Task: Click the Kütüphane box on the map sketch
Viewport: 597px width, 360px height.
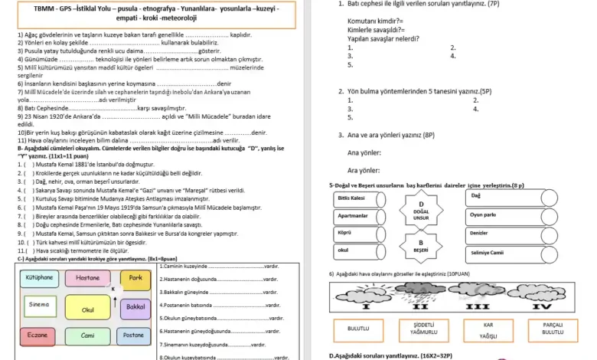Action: click(39, 277)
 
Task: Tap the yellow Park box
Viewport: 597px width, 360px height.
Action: click(135, 277)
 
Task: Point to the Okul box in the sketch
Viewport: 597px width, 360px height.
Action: click(88, 309)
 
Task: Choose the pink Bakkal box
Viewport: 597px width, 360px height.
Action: click(135, 306)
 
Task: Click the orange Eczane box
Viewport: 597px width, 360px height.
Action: click(38, 335)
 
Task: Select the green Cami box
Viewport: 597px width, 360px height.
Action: click(88, 335)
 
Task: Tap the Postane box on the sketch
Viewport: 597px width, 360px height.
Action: click(133, 335)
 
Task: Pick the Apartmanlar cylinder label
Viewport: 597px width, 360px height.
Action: click(358, 216)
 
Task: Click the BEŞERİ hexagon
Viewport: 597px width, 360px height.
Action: click(420, 247)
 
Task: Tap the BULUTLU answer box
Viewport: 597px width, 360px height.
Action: click(359, 329)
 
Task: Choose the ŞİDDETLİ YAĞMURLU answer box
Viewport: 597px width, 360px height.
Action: click(424, 329)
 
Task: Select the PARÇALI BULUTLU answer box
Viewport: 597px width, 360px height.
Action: click(553, 329)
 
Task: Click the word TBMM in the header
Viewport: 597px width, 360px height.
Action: click(47, 8)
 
